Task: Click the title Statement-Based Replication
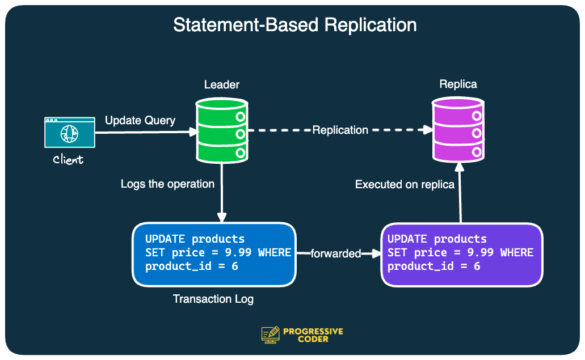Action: click(294, 25)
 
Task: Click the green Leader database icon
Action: click(222, 130)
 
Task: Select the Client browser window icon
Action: click(70, 133)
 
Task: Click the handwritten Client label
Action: click(68, 160)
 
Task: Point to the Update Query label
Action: click(140, 121)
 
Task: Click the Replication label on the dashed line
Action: click(340, 130)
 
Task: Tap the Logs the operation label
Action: click(167, 184)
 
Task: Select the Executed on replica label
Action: click(405, 184)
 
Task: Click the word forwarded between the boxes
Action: click(336, 253)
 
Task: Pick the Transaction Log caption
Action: click(213, 299)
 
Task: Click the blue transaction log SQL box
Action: click(214, 255)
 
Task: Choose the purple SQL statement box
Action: click(461, 255)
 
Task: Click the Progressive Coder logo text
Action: click(313, 335)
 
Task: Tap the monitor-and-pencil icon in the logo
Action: click(271, 334)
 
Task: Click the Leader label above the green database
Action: click(222, 85)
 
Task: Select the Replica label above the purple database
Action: click(458, 84)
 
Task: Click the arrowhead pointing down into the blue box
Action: click(222, 217)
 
